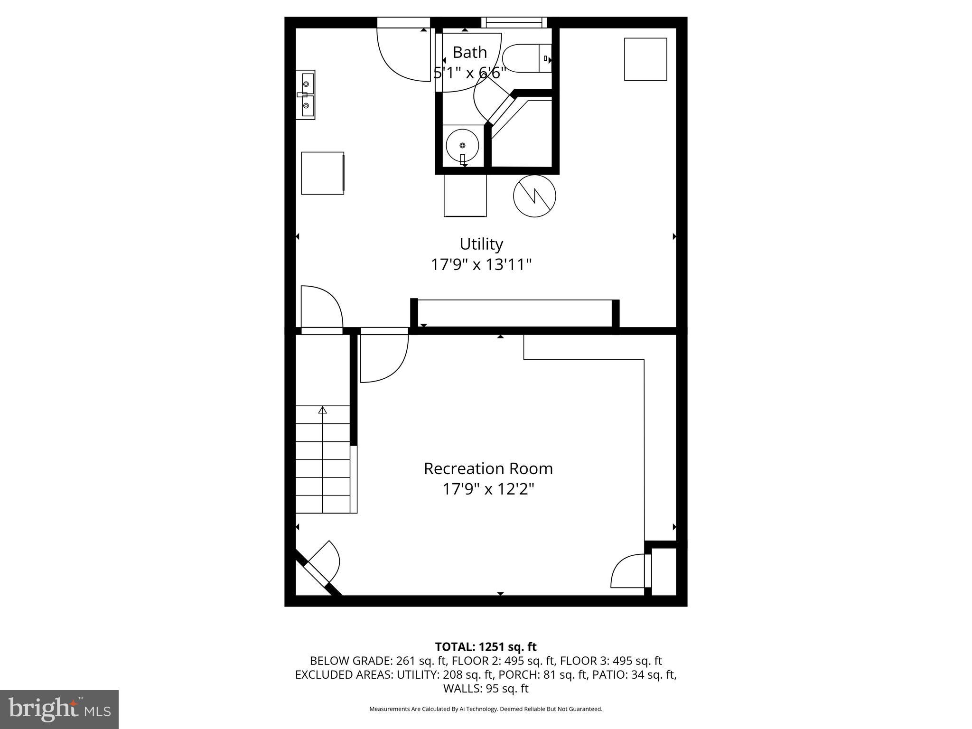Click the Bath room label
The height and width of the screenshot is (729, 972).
click(469, 52)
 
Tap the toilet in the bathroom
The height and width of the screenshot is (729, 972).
click(526, 58)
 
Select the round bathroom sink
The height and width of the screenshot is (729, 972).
click(462, 145)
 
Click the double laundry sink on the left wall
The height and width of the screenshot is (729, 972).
click(306, 95)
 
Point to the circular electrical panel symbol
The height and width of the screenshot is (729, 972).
click(534, 196)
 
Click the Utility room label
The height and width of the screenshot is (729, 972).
click(481, 244)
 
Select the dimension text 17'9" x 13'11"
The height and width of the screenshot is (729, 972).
click(481, 264)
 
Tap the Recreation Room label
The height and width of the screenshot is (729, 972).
click(488, 468)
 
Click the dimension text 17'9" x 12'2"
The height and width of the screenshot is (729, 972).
click(488, 489)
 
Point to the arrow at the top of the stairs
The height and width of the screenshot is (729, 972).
click(323, 410)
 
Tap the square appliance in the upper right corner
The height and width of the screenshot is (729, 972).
click(645, 59)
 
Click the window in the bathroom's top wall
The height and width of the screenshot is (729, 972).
click(514, 22)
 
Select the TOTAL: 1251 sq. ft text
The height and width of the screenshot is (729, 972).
click(486, 647)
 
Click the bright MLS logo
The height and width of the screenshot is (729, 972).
click(59, 709)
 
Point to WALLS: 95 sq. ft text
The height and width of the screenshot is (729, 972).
click(486, 688)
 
